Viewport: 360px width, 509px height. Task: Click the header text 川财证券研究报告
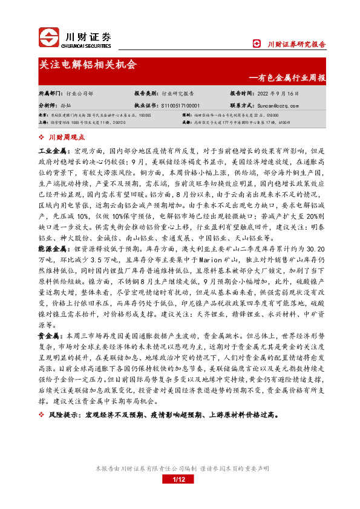pyautogui.click(x=296, y=44)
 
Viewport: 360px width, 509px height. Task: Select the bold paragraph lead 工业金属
pyautogui.click(x=53, y=149)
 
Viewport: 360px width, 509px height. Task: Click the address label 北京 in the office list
pyautogui.click(x=43, y=114)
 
